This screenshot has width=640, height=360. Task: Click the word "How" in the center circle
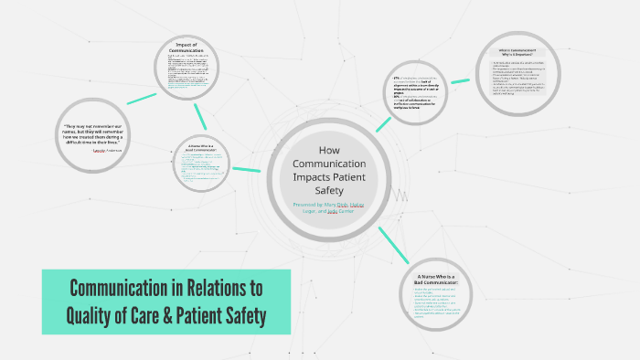(329, 149)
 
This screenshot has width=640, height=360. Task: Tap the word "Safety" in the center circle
(330, 190)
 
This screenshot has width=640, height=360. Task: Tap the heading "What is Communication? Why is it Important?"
(517, 52)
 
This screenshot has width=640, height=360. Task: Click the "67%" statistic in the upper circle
(398, 79)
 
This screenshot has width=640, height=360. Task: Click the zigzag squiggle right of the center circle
(400, 195)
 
